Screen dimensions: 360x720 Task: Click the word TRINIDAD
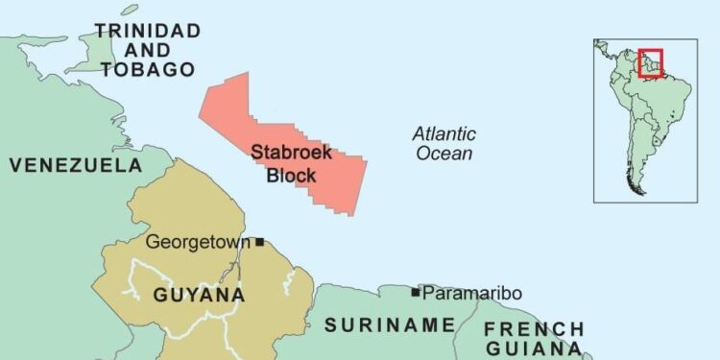coord(148,31)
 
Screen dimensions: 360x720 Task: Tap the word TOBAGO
coord(149,69)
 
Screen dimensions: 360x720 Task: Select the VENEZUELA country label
coord(76,166)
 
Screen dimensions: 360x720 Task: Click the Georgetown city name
coord(199,242)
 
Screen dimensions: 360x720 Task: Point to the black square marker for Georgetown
coord(259,242)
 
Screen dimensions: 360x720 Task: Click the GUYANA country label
coord(199,295)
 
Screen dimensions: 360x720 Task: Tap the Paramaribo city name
coord(472,293)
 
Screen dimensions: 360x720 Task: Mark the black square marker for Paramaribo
coord(416,292)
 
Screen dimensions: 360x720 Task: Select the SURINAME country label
coord(388,324)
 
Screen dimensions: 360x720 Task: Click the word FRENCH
coord(533,330)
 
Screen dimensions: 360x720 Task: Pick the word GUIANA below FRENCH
coord(533,349)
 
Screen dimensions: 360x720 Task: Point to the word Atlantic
coord(444,134)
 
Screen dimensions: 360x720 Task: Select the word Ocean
coord(444,154)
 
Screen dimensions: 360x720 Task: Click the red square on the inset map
coord(651,62)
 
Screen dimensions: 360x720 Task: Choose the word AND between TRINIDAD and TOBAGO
coord(149,50)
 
